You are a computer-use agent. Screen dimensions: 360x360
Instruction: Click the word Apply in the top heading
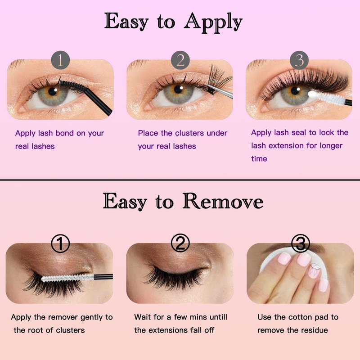click(x=213, y=22)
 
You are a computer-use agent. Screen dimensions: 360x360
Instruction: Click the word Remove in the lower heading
click(x=223, y=201)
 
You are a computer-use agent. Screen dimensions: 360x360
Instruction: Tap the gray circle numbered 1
click(x=60, y=60)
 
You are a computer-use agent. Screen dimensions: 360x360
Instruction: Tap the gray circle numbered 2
click(x=180, y=60)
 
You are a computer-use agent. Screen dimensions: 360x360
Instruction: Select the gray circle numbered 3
click(x=299, y=60)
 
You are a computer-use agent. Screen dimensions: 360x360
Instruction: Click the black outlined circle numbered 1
click(x=60, y=243)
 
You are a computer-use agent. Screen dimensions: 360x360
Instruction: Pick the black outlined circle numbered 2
click(x=180, y=243)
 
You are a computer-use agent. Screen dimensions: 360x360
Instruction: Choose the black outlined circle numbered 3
click(x=301, y=243)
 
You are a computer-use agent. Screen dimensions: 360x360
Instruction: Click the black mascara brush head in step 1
click(x=73, y=85)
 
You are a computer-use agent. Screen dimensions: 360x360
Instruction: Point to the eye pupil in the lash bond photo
click(x=53, y=91)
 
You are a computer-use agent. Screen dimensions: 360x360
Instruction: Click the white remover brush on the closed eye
click(x=68, y=278)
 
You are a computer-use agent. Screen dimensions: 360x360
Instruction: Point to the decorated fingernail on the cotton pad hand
click(x=314, y=270)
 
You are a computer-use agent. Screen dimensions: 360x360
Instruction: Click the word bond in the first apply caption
click(x=64, y=133)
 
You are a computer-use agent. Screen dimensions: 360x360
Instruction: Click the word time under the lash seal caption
click(x=259, y=159)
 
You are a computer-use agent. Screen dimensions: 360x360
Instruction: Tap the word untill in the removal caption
click(x=217, y=317)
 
